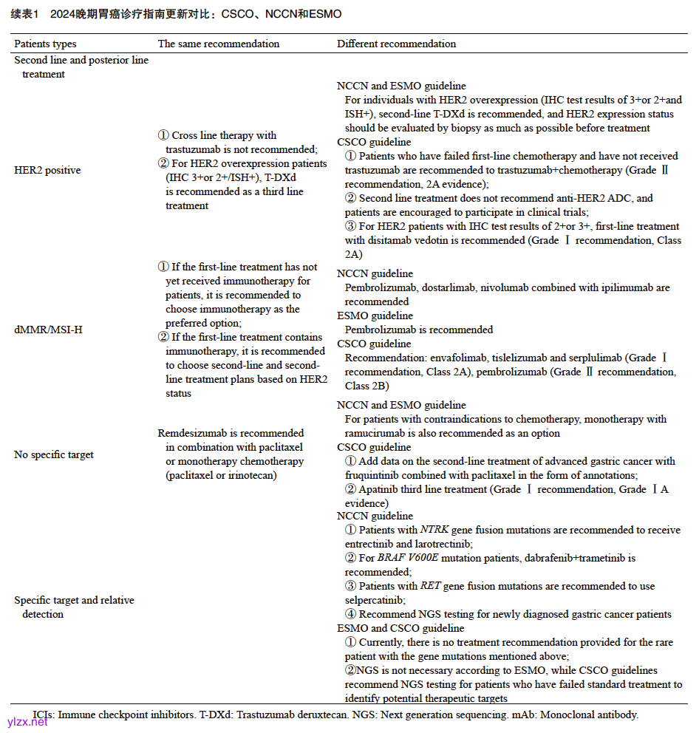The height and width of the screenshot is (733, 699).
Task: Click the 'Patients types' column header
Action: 45,44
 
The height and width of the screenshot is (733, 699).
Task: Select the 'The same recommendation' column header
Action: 219,44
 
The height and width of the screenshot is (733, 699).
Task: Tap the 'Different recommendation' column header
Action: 396,44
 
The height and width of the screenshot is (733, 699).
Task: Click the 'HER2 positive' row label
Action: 47,171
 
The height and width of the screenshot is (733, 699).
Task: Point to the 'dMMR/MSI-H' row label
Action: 48,330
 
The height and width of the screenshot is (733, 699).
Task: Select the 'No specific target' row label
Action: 54,454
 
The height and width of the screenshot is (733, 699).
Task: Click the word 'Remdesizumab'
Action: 190,433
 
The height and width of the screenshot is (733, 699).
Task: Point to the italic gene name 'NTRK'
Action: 434,530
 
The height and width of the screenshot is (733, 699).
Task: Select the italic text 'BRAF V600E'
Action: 405,558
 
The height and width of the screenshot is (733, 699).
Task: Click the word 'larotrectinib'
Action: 432,544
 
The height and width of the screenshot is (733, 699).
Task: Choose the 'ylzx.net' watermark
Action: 27,722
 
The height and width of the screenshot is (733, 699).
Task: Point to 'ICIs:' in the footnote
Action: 44,715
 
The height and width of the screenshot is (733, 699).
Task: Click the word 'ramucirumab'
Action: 378,433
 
